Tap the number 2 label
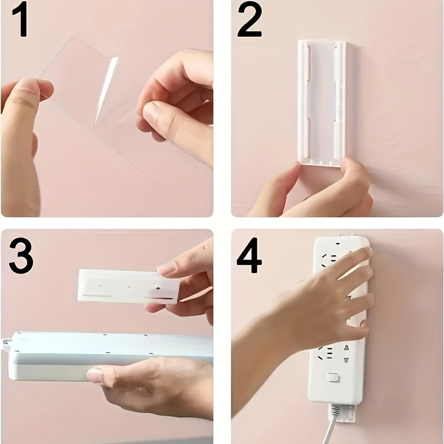pos(249,21)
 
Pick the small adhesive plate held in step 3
pos(128,286)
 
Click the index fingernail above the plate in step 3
pos(166,268)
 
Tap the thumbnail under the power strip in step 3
pos(95,376)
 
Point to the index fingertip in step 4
pos(364,253)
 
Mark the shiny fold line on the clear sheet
pos(105,89)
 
